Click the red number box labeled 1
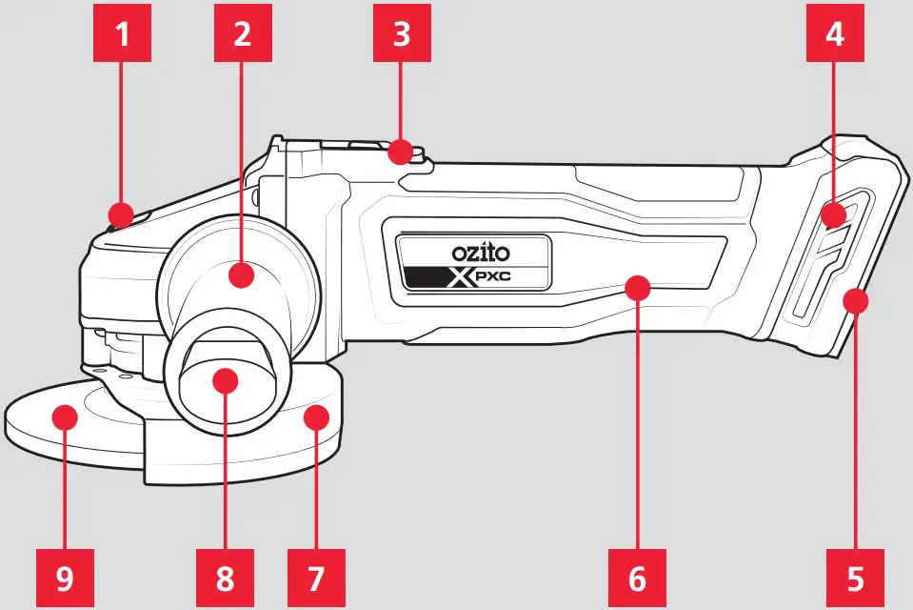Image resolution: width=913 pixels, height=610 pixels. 121,35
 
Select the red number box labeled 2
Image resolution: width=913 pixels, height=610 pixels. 243,35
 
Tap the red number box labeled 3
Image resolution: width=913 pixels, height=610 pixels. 402,35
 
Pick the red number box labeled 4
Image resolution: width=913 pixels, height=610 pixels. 834,35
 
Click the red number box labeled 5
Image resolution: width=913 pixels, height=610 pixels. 855,577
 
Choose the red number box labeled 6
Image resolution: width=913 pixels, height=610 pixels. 637,577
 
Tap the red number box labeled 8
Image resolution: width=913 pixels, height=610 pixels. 224,577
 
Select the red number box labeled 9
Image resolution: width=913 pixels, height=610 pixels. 65,577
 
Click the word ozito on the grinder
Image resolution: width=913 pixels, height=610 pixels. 481,254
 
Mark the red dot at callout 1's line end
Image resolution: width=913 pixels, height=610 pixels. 121,213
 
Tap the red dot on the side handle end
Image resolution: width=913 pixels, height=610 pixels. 225,380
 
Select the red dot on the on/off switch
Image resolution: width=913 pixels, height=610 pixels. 402,151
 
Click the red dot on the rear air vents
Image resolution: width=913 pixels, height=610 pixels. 834,214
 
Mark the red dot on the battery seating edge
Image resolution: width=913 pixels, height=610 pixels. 855,302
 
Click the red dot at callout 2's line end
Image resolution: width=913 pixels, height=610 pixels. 243,276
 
